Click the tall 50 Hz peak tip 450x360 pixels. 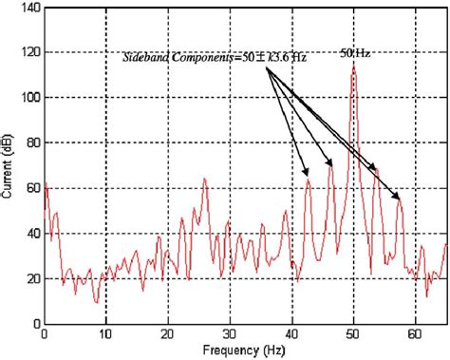[x=353, y=65]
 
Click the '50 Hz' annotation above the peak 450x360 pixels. [x=354, y=52]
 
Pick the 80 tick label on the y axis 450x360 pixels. [x=31, y=142]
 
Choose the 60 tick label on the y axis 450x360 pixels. [x=31, y=187]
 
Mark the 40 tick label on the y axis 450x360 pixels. [x=31, y=233]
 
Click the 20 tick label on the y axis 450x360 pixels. [x=31, y=277]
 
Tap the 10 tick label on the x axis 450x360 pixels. [x=106, y=335]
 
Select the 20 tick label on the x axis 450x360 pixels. [x=168, y=335]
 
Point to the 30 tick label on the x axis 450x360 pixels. [x=230, y=335]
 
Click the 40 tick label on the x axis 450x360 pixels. [x=291, y=335]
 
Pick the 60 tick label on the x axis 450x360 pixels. [x=415, y=335]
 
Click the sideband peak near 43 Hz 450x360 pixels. [x=309, y=179]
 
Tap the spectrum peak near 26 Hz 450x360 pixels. [x=204, y=179]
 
